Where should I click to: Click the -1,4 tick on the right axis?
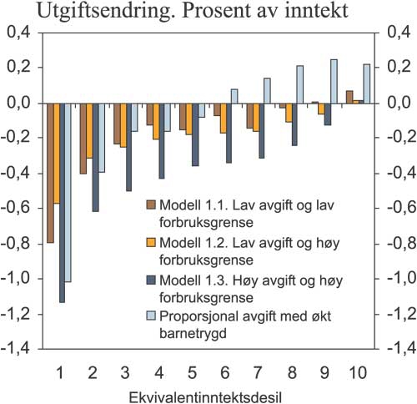coord(394,350)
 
